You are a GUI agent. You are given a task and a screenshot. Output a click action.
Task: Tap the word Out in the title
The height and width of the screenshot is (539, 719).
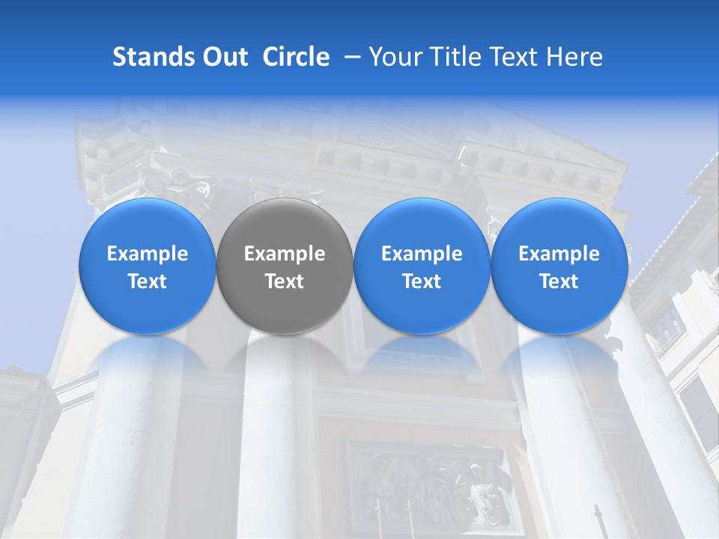pyautogui.click(x=224, y=57)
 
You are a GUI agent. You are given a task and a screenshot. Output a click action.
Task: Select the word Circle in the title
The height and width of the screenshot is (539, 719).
pyautogui.click(x=296, y=57)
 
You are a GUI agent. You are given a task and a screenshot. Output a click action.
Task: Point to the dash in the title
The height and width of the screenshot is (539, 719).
pyautogui.click(x=349, y=57)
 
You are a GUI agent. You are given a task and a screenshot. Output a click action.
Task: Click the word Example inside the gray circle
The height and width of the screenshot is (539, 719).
pyautogui.click(x=285, y=255)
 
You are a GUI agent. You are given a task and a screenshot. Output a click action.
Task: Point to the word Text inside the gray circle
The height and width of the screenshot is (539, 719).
pyautogui.click(x=285, y=281)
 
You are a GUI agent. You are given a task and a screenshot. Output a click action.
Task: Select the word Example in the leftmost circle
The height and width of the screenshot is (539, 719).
pyautogui.click(x=147, y=255)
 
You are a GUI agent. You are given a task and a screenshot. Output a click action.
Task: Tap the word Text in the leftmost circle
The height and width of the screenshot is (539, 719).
pyautogui.click(x=147, y=281)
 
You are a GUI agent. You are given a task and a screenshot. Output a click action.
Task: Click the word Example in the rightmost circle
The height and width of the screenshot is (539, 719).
pyautogui.click(x=559, y=255)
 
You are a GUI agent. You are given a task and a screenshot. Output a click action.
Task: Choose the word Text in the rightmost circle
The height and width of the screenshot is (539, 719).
pyautogui.click(x=559, y=281)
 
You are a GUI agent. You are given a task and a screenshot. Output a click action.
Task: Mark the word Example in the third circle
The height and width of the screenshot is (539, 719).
pyautogui.click(x=422, y=255)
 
